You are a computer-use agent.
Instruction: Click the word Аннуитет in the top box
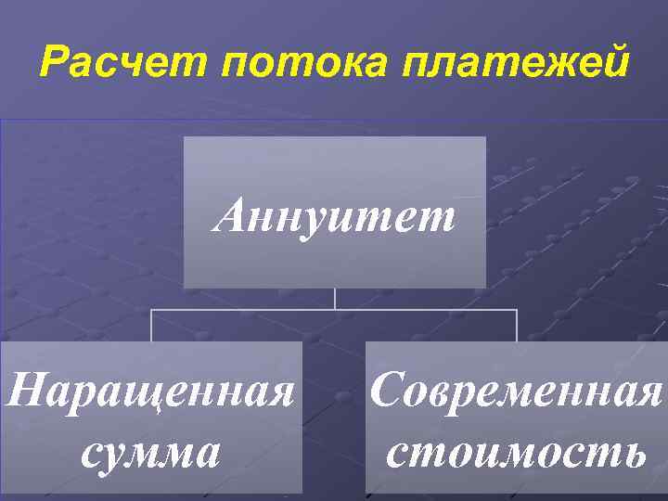(335, 218)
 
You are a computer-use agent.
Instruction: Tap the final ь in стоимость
(631, 454)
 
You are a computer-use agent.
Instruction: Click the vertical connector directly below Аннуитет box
(335, 298)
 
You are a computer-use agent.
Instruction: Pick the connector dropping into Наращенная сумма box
(152, 325)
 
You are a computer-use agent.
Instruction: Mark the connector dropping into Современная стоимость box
(517, 325)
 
